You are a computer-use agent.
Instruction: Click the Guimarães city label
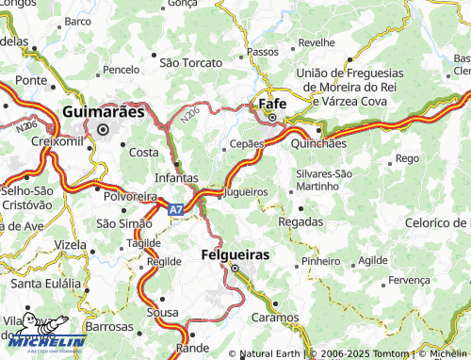103,111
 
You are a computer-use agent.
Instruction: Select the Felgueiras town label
235,254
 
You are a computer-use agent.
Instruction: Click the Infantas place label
176,177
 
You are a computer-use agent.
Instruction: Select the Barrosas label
108,325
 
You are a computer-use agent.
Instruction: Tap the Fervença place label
409,280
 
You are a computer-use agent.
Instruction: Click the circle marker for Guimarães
103,130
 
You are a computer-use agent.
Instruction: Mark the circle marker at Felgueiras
235,270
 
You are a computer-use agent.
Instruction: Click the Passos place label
262,51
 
